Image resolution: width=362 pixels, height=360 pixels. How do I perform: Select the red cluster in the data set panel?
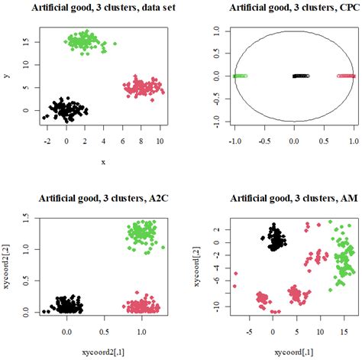pyautogui.click(x=141, y=87)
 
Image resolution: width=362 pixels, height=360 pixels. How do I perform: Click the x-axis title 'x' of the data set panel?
pyautogui.click(x=102, y=161)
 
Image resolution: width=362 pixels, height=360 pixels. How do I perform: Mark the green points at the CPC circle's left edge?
pyautogui.click(x=240, y=76)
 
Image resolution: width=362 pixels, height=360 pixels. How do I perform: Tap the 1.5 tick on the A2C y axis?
pyautogui.click(x=25, y=217)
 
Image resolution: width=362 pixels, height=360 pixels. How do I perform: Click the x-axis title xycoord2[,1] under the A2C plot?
pyautogui.click(x=102, y=350)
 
